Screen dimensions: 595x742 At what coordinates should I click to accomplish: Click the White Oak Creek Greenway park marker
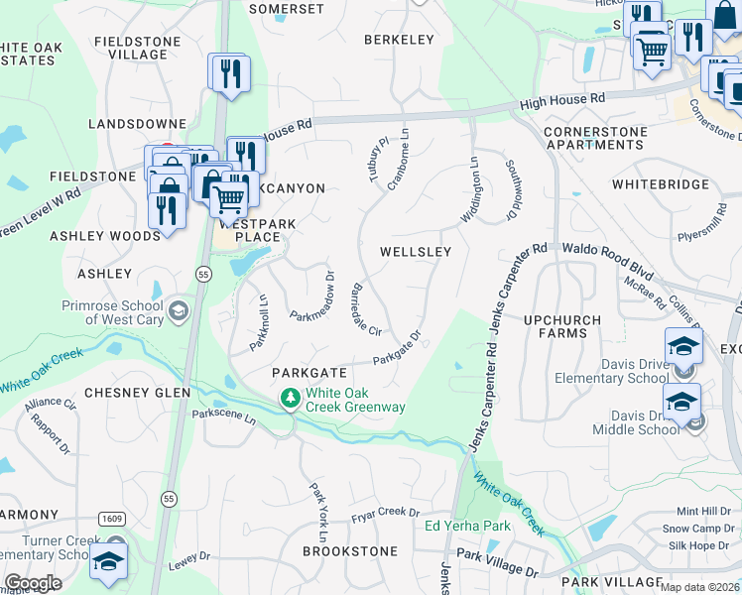[x=290, y=399]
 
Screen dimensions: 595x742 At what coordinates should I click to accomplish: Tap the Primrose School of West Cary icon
[x=178, y=311]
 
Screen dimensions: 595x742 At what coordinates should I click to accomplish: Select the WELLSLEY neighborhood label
[x=416, y=252]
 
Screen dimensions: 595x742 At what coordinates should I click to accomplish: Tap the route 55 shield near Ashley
[x=203, y=273]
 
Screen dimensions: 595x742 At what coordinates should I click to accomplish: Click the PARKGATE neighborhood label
[x=309, y=372]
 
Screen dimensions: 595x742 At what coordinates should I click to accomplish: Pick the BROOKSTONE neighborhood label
[x=349, y=550]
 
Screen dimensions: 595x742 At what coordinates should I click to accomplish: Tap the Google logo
[x=33, y=583]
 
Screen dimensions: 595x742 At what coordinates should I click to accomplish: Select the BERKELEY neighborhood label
[x=400, y=40]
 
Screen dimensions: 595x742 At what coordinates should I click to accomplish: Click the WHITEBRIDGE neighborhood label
[x=661, y=184]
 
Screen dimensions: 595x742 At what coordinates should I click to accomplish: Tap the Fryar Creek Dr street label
[x=386, y=513]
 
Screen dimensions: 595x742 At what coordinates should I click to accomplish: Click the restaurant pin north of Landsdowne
[x=230, y=73]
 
